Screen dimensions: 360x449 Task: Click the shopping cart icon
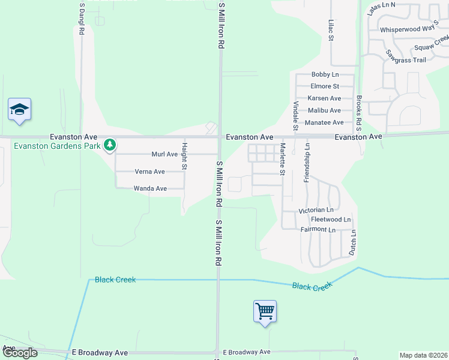[265, 311]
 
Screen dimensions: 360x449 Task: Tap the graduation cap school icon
[19, 109]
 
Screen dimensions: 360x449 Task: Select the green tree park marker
[109, 145]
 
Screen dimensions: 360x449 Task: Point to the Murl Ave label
[164, 154]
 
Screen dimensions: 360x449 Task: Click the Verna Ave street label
[149, 172]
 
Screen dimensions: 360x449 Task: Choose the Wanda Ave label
[149, 188]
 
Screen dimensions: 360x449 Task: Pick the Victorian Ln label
[316, 211]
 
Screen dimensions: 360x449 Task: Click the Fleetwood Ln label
[331, 220]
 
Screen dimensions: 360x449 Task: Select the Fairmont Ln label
[317, 229]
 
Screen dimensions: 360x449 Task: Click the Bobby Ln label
[325, 74]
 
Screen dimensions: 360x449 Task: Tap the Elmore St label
[325, 86]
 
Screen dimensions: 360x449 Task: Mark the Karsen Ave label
[324, 98]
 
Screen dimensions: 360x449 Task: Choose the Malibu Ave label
[324, 110]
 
